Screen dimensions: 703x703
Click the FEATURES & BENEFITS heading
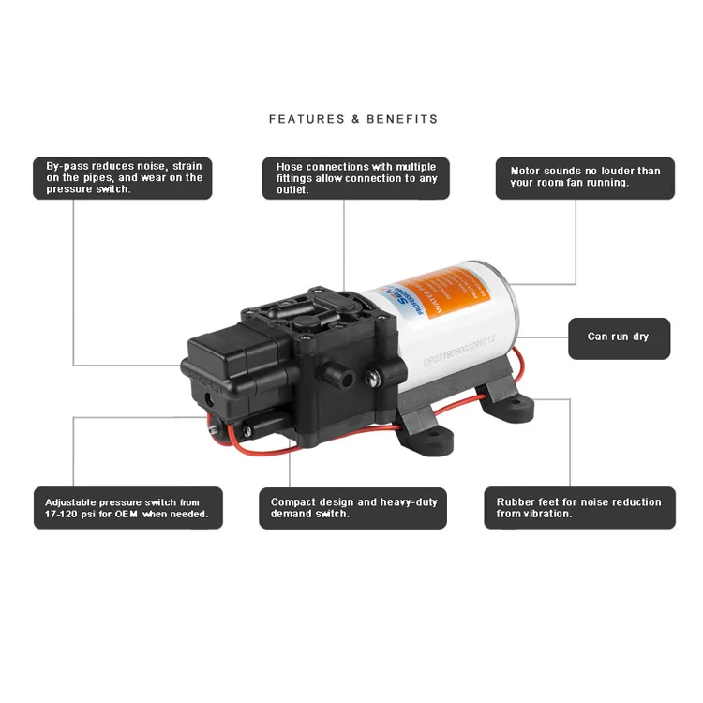pyautogui.click(x=352, y=119)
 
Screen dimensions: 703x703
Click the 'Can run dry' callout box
pyautogui.click(x=619, y=337)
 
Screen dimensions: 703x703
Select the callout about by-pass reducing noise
pyautogui.click(x=123, y=177)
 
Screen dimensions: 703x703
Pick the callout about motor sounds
pyautogui.click(x=585, y=177)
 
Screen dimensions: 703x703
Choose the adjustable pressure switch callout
pyautogui.click(x=127, y=507)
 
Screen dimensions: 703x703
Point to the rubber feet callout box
pyautogui.click(x=579, y=507)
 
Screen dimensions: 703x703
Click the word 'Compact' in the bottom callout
pyautogui.click(x=293, y=501)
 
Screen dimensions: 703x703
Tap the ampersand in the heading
pyautogui.click(x=355, y=119)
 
